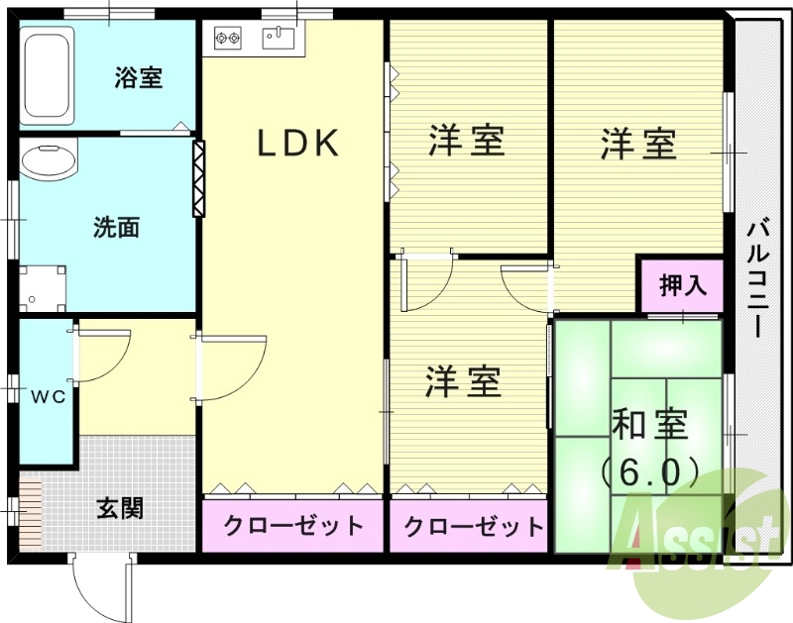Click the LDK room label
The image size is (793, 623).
point(298,145)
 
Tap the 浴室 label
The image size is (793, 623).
point(139,76)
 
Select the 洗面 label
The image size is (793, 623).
point(116,228)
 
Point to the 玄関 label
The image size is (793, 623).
point(120,508)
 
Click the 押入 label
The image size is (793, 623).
point(684,285)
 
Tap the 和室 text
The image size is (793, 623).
point(649,425)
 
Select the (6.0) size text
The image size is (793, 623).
point(650,470)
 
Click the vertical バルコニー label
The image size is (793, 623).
point(758,278)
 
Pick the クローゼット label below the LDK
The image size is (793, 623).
point(292,526)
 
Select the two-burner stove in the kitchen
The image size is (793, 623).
point(228,40)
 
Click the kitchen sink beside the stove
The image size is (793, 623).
point(279,39)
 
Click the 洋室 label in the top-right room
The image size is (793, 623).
point(639,145)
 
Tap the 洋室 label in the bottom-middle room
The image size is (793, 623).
point(463,381)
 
